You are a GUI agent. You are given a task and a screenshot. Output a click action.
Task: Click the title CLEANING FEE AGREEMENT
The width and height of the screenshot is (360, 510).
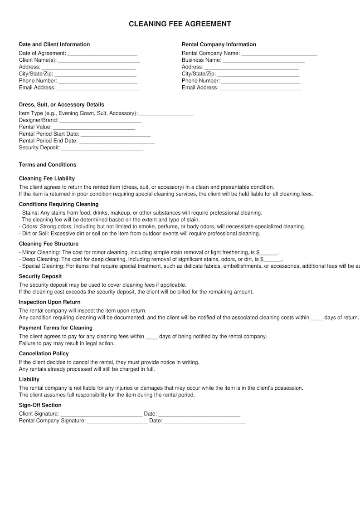click(x=180, y=24)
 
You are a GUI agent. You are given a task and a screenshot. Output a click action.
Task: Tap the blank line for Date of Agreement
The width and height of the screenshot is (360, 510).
click(x=102, y=54)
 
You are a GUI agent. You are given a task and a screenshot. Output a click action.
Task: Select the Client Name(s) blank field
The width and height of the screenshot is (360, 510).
click(x=99, y=60)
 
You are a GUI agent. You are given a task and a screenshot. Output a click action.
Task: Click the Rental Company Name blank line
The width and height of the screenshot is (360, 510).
click(x=279, y=54)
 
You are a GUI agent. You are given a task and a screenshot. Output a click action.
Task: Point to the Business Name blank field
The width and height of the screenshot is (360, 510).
click(x=263, y=60)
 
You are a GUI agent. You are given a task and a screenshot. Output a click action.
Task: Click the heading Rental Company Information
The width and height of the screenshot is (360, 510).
click(x=219, y=44)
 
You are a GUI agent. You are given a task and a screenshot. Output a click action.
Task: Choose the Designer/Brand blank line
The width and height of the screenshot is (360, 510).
click(x=100, y=120)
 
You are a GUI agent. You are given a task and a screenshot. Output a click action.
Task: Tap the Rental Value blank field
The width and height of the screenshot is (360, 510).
click(x=94, y=127)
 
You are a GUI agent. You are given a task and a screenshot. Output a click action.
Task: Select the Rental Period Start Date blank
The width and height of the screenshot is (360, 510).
click(x=115, y=134)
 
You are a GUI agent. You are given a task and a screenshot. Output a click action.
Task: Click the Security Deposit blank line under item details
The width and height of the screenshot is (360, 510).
click(x=102, y=148)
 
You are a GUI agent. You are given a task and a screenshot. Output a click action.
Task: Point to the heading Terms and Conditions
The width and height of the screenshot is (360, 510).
click(x=48, y=165)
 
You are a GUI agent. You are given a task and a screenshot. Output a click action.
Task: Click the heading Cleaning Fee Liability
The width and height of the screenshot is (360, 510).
click(x=47, y=179)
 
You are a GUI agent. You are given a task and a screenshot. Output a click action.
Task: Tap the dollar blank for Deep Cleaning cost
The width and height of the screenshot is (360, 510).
click(x=272, y=260)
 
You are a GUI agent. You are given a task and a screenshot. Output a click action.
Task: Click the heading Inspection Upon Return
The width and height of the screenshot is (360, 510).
click(x=49, y=302)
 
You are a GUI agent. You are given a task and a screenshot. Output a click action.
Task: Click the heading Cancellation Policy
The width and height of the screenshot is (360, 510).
click(x=44, y=353)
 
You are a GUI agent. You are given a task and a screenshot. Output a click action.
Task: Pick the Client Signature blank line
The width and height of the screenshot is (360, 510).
click(x=101, y=414)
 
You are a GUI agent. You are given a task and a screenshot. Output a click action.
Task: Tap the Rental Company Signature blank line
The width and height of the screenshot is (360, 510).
click(x=117, y=421)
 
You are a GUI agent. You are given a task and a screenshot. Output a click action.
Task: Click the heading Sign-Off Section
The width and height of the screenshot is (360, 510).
click(x=40, y=405)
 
